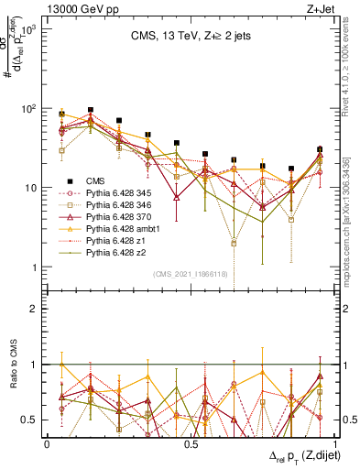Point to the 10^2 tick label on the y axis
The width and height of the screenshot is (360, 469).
(27, 109)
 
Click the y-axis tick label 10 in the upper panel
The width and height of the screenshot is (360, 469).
(30, 188)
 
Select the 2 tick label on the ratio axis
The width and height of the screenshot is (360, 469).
(33, 310)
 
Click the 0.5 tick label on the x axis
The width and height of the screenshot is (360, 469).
(191, 443)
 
